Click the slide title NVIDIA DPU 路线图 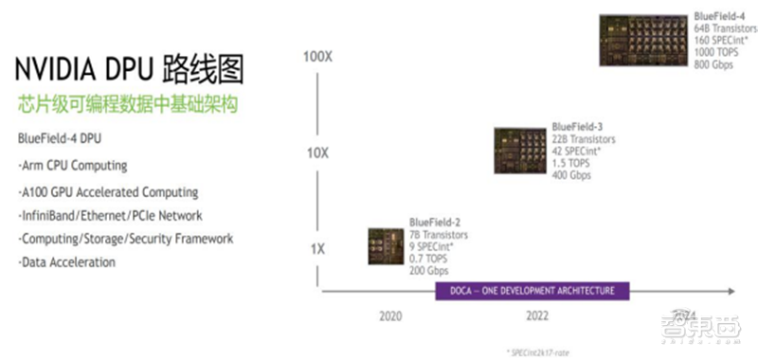[128, 71]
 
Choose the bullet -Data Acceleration [66, 261]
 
